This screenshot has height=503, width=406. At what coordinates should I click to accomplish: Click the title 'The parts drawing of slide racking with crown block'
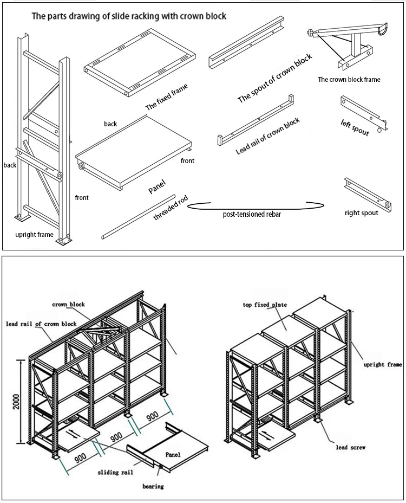coord(129,16)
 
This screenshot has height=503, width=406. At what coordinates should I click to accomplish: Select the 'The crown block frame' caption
coord(349,80)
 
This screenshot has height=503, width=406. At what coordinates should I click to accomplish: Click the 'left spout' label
coord(355,127)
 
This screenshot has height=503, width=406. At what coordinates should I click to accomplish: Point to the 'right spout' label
coord(361,213)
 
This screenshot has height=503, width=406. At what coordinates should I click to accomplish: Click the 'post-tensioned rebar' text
coord(252,215)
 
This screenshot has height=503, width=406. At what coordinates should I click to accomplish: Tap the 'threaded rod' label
coord(171,208)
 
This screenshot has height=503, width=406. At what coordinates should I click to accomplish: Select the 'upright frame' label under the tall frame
coord(34,235)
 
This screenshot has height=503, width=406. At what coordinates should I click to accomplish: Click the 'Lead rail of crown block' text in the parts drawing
coord(267,136)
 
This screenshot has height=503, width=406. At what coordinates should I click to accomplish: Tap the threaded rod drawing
coord(138,216)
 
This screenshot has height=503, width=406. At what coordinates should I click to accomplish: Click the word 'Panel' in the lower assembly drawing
coord(173,454)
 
